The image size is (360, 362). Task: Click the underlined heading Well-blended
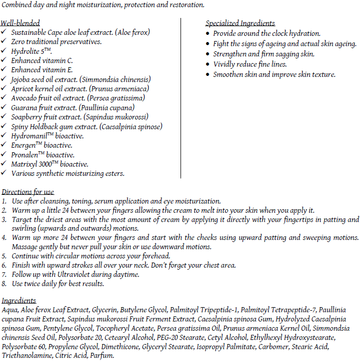pyautogui.click(x=21, y=23)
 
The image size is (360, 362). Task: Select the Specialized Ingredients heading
pyautogui.click(x=240, y=23)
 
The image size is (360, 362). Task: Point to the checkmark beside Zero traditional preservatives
pyautogui.click(x=4, y=42)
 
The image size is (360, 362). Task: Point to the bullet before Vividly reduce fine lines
pyautogui.click(x=207, y=65)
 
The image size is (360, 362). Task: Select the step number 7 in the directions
pyautogui.click(x=4, y=275)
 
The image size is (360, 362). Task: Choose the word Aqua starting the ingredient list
pyautogui.click(x=11, y=310)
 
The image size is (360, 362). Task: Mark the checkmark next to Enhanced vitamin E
pyautogui.click(x=4, y=70)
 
